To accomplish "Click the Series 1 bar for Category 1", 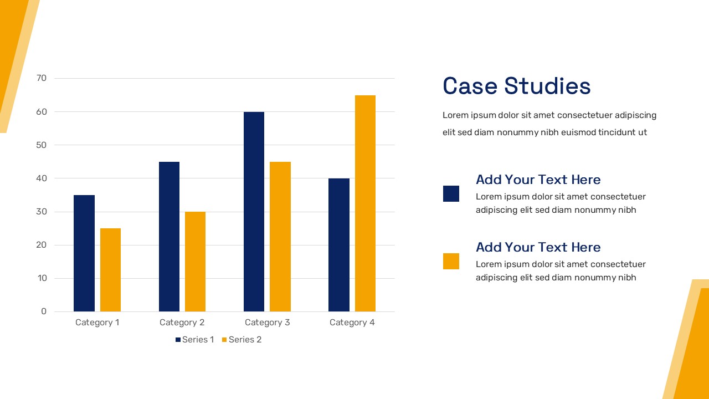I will click(84, 253).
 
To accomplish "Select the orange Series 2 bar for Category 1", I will click(110, 270).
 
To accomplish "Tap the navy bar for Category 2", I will click(169, 237).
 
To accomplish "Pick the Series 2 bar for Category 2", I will click(195, 262).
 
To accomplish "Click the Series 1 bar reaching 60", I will click(254, 212).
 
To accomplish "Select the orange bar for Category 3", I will click(280, 237).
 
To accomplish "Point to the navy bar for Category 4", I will click(338, 245).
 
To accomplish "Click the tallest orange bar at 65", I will click(365, 203).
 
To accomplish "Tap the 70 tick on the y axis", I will click(42, 78).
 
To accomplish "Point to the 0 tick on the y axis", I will click(44, 311).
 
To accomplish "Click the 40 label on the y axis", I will click(42, 178).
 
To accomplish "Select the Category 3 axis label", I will click(267, 323).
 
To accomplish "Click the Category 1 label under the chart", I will click(97, 323).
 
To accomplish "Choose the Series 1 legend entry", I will click(194, 340).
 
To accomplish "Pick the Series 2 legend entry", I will click(242, 340).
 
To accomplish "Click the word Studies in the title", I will click(547, 86).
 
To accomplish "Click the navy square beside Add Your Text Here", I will click(451, 193).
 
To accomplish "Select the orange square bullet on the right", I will click(451, 261).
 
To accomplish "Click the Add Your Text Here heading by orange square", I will click(538, 247).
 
